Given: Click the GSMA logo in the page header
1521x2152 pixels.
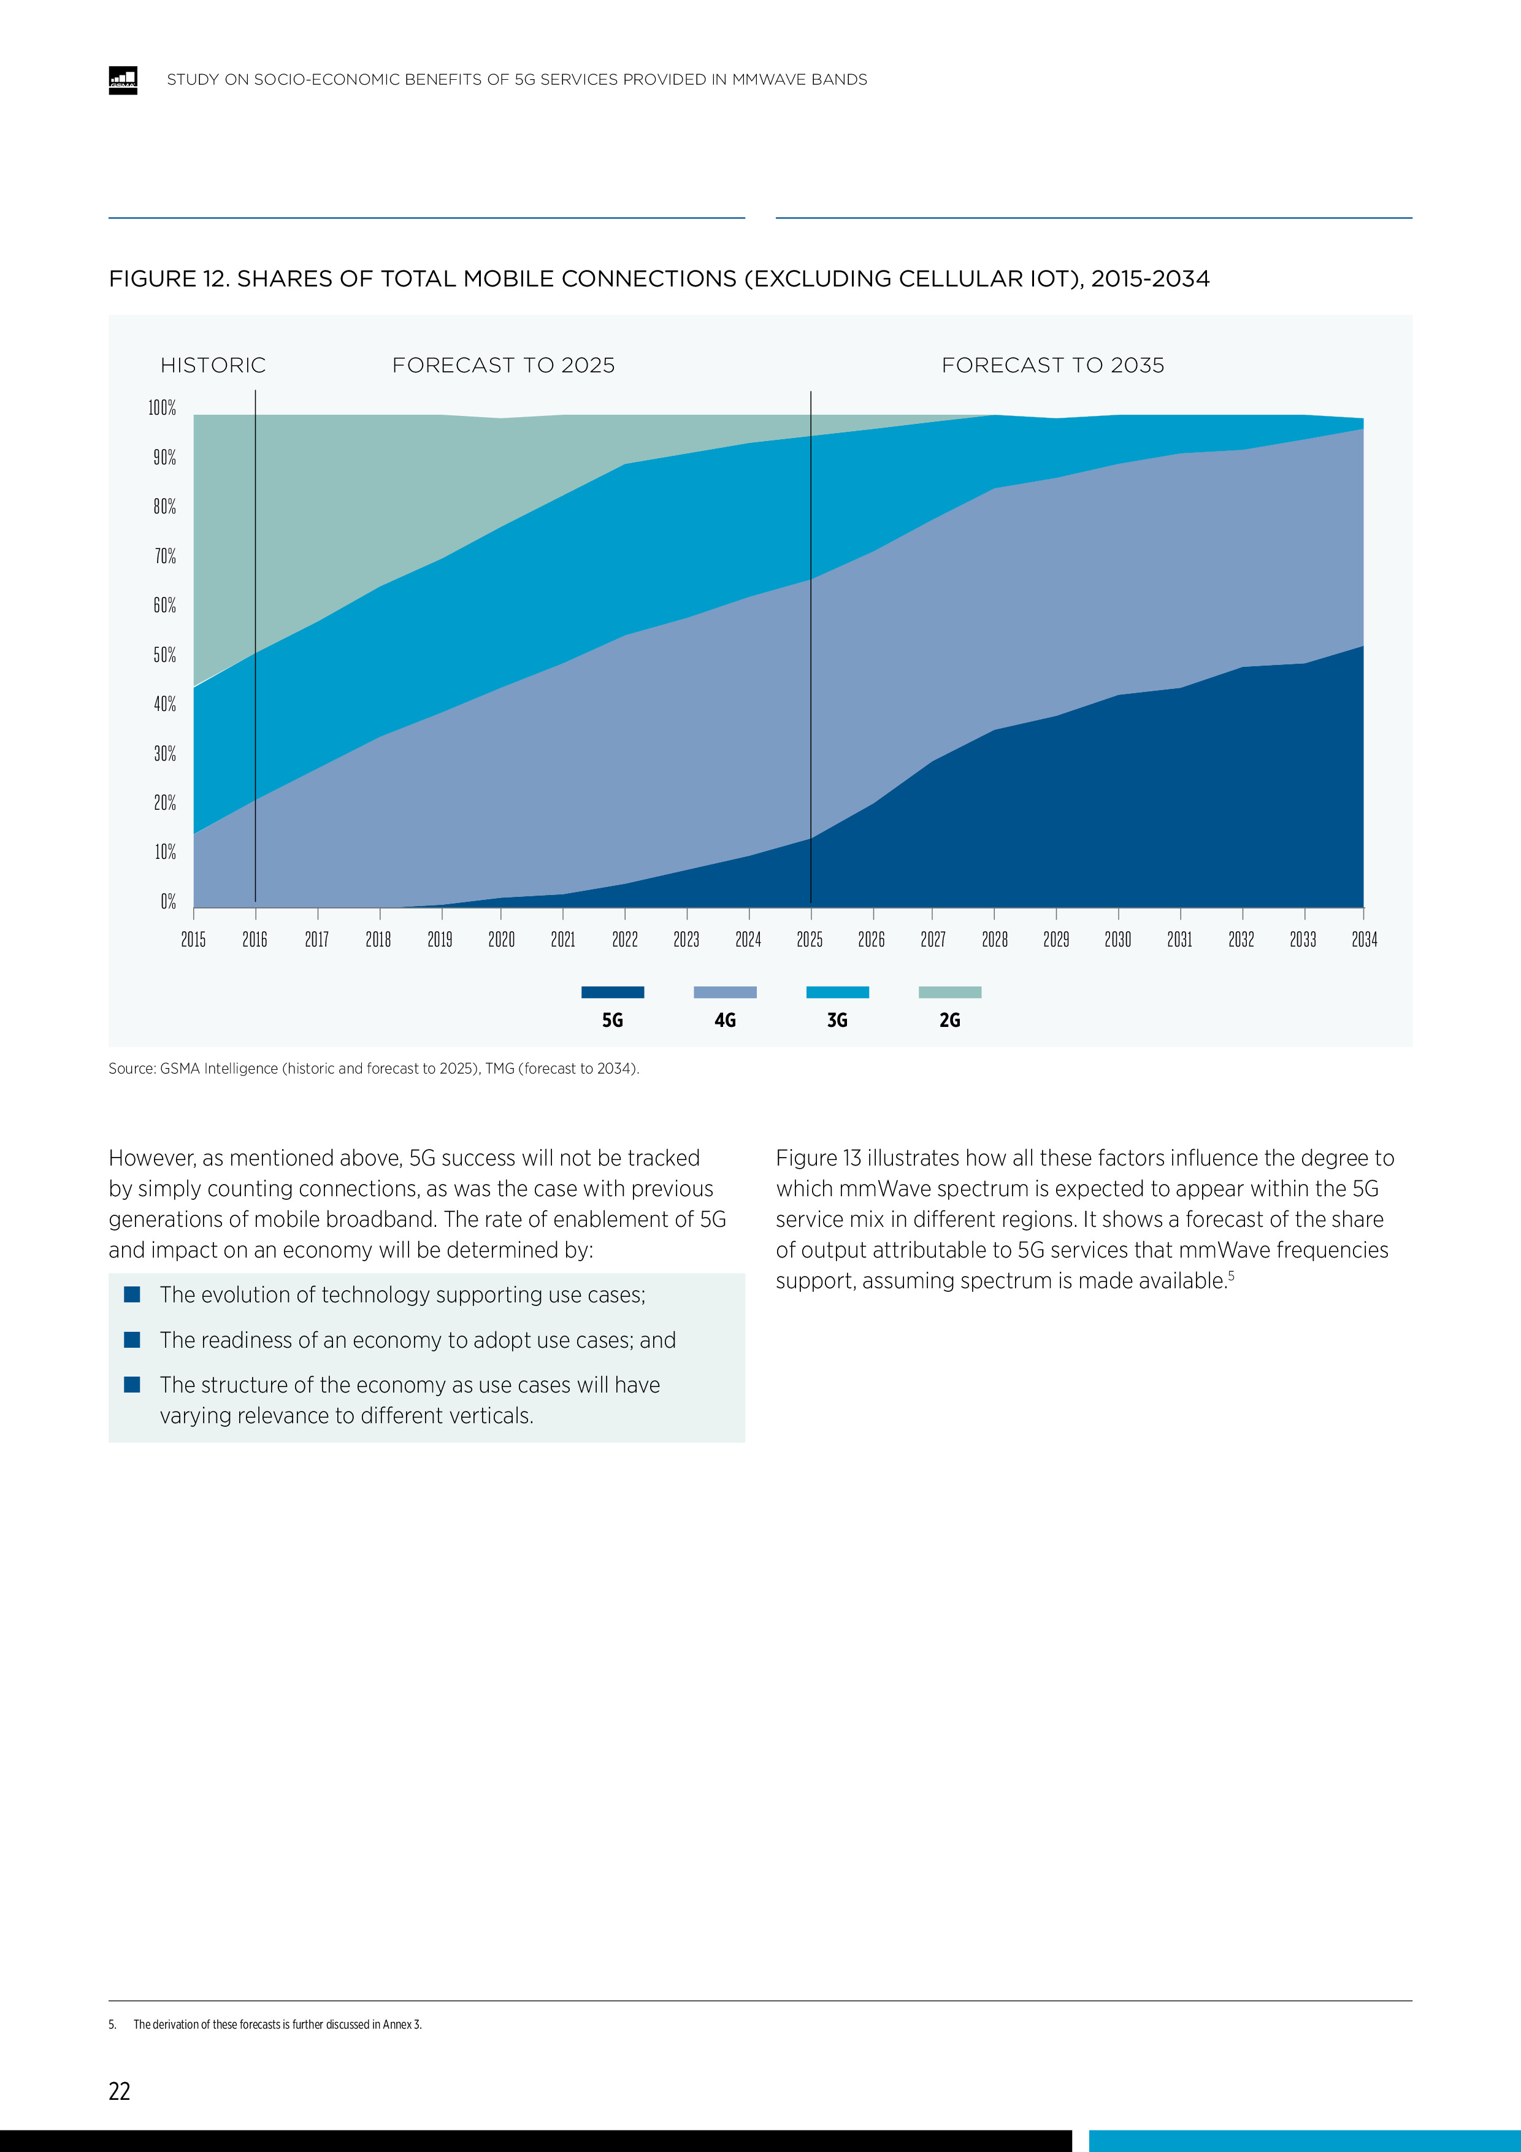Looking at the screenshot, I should coord(123,80).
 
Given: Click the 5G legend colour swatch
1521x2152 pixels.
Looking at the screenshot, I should coord(612,991).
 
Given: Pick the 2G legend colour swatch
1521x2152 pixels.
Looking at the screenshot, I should coord(949,991).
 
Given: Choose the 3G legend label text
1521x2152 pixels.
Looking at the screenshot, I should coord(837,1020).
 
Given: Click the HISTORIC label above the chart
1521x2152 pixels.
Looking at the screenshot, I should coord(213,366).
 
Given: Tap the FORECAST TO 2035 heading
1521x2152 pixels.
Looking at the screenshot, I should coord(1052,366).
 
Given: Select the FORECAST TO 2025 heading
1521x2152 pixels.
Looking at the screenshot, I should coord(504,366).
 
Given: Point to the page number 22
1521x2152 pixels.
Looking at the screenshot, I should coord(120,2091).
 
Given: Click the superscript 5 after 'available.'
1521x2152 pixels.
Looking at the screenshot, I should coord(1232,1275).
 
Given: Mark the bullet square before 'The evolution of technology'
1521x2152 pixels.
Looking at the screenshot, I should coord(132,1294).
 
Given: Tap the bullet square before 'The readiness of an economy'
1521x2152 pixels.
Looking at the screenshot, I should coord(132,1339).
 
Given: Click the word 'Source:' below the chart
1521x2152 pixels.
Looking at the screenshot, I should coord(131,1069).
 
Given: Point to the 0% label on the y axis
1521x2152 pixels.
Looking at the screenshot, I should coord(168,902).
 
